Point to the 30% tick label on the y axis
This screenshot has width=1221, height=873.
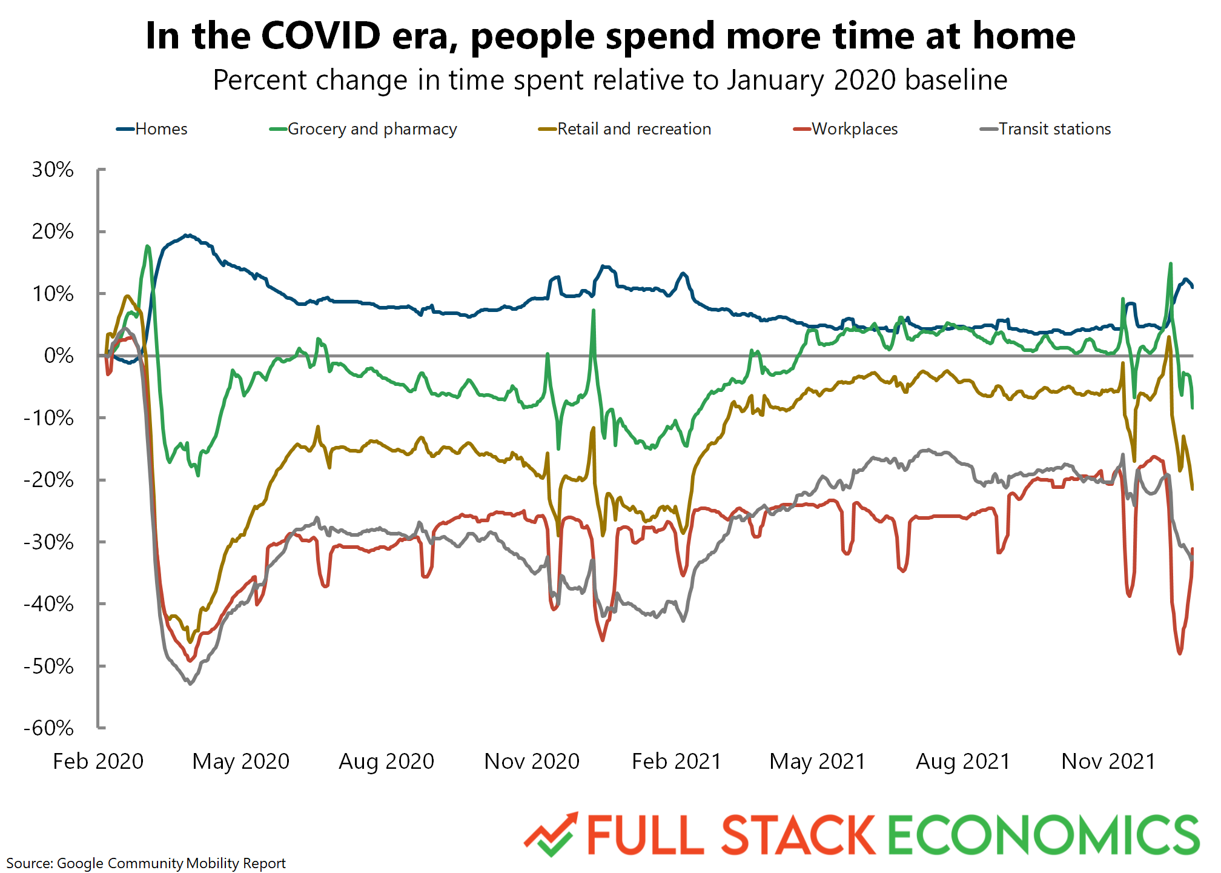coord(53,170)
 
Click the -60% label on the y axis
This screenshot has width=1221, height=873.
coord(48,728)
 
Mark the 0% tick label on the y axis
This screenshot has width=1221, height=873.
coord(59,356)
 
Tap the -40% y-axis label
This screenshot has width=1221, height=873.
coord(48,604)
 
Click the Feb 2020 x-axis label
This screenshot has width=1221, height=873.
coord(98,761)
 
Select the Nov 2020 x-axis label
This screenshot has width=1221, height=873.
coord(532,761)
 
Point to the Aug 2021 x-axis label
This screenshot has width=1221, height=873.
coord(963,761)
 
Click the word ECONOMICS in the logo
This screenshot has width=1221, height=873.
coord(1043,835)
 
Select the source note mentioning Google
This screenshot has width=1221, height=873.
coord(146,863)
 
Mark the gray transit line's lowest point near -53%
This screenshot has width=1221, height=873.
coord(190,683)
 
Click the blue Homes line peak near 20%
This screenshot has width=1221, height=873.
coord(188,235)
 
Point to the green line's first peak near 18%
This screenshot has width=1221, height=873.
coord(148,246)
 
